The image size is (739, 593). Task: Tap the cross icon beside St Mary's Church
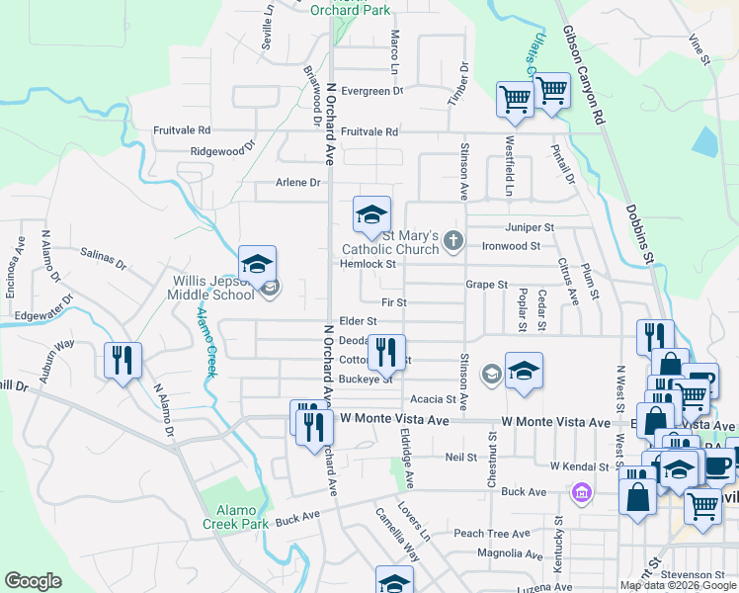pyautogui.click(x=452, y=239)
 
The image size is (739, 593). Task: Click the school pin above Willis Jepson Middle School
pyautogui.click(x=257, y=265)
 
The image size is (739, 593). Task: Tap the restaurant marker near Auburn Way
pyautogui.click(x=123, y=361)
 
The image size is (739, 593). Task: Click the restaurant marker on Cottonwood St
pyautogui.click(x=386, y=352)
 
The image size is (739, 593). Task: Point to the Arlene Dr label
pyautogui.click(x=298, y=183)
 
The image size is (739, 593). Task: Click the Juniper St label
pyautogui.click(x=525, y=226)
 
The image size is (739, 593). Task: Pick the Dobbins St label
pyautogui.click(x=638, y=234)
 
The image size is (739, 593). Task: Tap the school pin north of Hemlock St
pyautogui.click(x=372, y=215)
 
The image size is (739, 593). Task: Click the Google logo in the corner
pyautogui.click(x=34, y=581)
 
